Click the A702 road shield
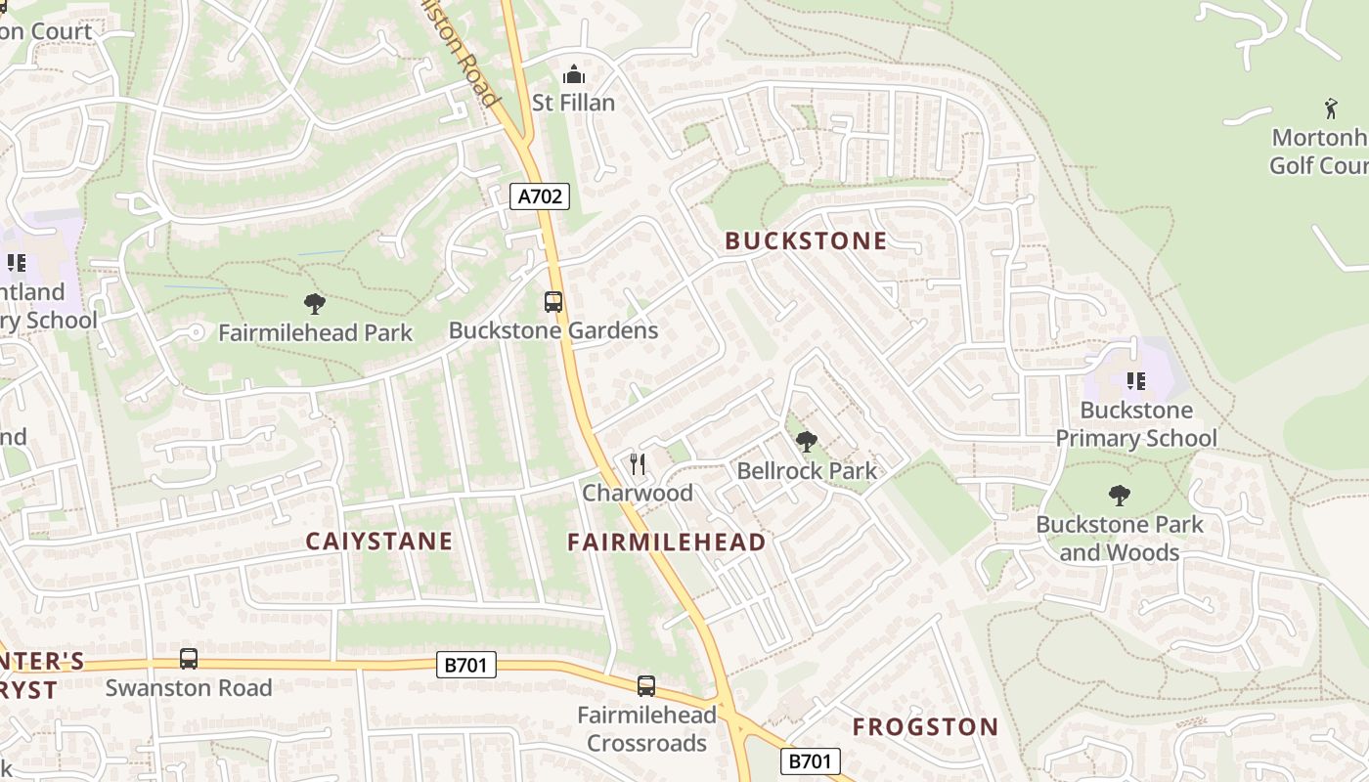pos(540,196)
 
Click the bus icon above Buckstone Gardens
pos(553,301)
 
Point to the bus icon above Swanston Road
pos(189,659)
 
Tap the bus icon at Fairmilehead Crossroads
pos(646,685)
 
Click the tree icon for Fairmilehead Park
pos(315,303)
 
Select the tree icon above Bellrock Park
pos(807,442)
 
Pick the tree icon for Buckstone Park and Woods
pos(1120,496)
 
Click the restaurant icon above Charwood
pos(638,463)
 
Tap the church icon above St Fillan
pos(573,74)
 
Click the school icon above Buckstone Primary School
pos(1135,380)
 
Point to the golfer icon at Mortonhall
pos(1331,108)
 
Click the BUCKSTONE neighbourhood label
pos(806,240)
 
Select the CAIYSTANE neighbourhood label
pos(379,541)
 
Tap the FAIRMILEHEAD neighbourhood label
pos(667,542)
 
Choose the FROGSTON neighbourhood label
pos(925,726)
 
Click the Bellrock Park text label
pos(807,471)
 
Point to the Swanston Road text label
pos(189,687)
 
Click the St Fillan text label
pos(573,103)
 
